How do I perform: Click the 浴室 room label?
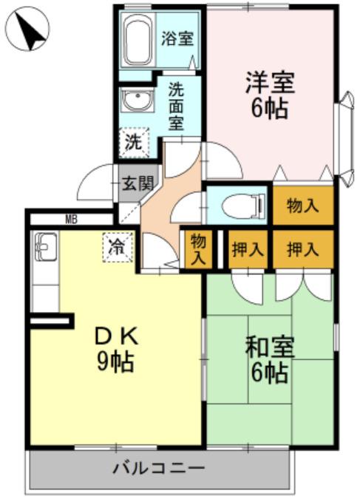177,39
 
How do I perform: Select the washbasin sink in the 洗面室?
137,100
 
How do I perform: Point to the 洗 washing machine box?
134,142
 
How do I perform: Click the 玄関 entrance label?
138,183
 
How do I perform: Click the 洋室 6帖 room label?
270,95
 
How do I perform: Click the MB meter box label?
71,220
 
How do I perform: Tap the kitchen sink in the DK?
46,246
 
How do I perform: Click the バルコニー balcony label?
158,469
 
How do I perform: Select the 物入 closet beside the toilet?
302,206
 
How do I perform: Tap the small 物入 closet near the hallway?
198,249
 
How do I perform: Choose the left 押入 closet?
248,249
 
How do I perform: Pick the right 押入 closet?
302,249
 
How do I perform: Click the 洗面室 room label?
176,106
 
